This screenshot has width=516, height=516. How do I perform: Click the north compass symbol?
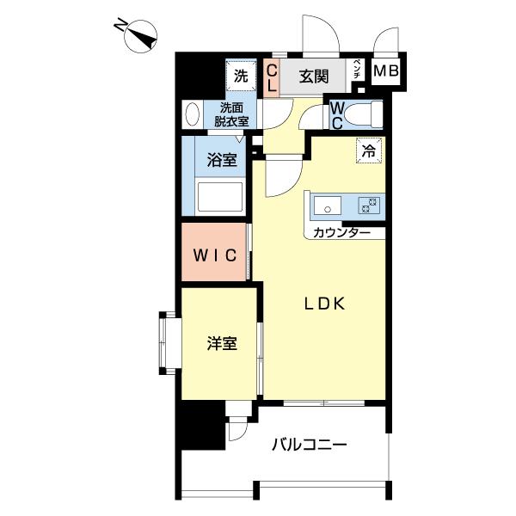[x=140, y=36]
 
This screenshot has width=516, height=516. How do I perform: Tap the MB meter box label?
[x=386, y=71]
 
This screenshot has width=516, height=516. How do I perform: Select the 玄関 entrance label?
[x=314, y=77]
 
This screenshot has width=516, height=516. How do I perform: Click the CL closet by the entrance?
[x=272, y=78]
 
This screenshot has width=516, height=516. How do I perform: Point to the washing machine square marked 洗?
[x=241, y=77]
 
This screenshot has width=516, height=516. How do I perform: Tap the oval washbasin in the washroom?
[x=193, y=114]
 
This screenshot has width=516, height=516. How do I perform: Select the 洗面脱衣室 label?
[x=231, y=114]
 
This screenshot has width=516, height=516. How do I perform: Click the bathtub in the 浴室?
[x=220, y=196]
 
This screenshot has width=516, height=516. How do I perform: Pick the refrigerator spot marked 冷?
[x=369, y=150]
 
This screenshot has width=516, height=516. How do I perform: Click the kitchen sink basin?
[x=327, y=206]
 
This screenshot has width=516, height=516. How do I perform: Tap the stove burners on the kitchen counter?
[x=369, y=206]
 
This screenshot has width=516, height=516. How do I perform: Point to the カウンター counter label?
[x=342, y=233]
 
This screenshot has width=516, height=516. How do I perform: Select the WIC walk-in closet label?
[x=215, y=255]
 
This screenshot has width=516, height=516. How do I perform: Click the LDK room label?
[x=324, y=304]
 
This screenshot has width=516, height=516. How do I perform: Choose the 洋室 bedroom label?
[x=222, y=343]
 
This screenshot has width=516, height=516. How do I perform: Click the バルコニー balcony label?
[x=309, y=445]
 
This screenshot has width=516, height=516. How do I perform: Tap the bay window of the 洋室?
[x=170, y=343]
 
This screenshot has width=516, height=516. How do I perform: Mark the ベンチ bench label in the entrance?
[x=357, y=70]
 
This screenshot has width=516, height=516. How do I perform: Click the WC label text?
[x=337, y=115]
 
